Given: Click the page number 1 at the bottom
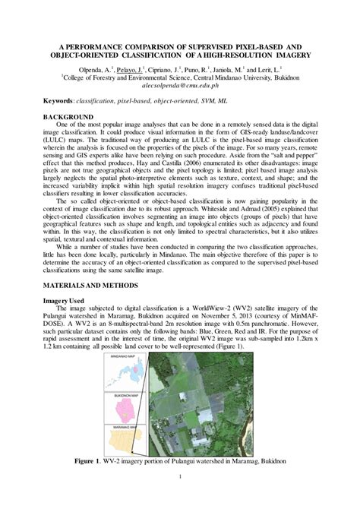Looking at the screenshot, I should tap(180, 498).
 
